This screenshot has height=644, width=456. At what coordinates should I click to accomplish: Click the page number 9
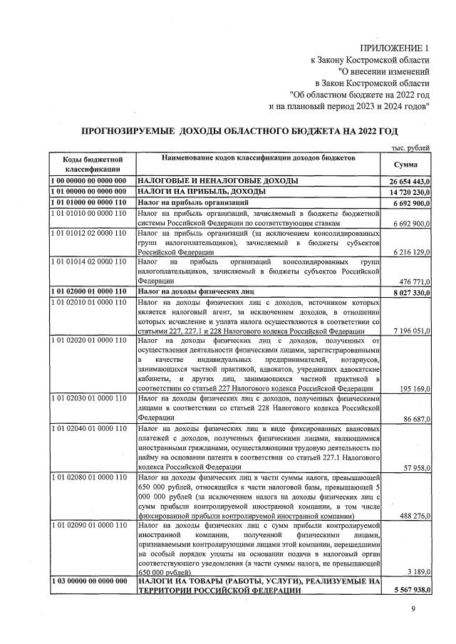pyautogui.click(x=413, y=608)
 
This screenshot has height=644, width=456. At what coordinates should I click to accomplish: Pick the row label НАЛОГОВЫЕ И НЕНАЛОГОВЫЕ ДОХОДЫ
pyautogui.click(x=217, y=182)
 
